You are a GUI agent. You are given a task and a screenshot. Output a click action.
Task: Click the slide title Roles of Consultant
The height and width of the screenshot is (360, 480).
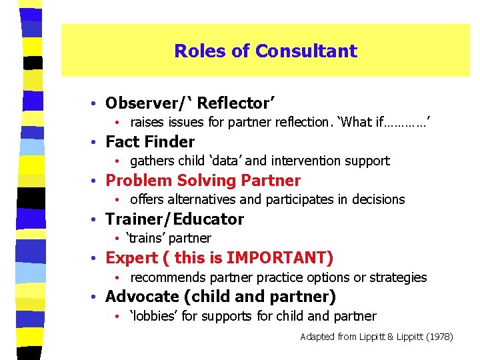(265, 51)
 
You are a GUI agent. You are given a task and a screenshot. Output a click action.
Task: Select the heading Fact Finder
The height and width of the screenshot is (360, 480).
(150, 142)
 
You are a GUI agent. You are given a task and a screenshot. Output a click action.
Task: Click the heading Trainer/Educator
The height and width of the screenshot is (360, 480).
(175, 219)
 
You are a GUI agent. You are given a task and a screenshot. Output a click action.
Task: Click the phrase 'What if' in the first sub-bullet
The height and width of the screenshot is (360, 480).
(361, 122)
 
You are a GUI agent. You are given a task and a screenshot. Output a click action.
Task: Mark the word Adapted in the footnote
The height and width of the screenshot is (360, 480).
(317, 337)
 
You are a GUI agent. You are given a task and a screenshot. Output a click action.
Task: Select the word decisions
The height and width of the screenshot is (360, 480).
(378, 199)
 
